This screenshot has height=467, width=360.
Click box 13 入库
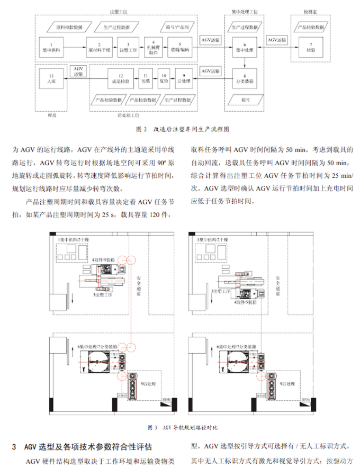tap(52, 80)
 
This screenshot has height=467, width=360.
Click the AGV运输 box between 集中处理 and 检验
tap(276, 40)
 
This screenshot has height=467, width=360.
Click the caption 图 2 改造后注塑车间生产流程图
tap(179, 128)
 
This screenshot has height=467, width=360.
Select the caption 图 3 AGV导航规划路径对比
tap(182, 427)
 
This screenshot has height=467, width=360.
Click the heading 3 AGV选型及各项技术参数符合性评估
tap(89, 446)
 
